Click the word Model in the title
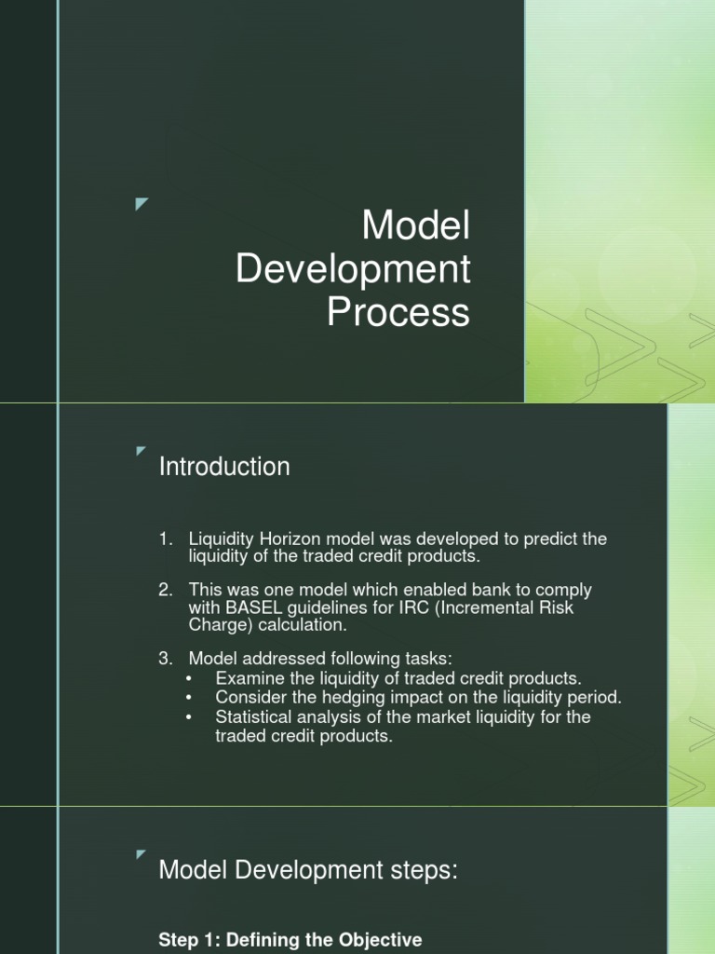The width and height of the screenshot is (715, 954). [415, 226]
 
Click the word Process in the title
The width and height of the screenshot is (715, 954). [398, 313]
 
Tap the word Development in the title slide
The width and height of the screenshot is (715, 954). [354, 270]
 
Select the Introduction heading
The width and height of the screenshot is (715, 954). [224, 467]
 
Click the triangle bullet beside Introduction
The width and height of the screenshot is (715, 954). [141, 452]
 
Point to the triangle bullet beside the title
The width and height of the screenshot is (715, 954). [142, 204]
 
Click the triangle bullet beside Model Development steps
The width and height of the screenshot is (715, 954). [141, 854]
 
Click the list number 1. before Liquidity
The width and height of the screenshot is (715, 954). [166, 539]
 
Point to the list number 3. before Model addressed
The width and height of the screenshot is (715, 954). [166, 659]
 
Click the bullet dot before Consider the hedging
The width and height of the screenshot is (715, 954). [191, 697]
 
